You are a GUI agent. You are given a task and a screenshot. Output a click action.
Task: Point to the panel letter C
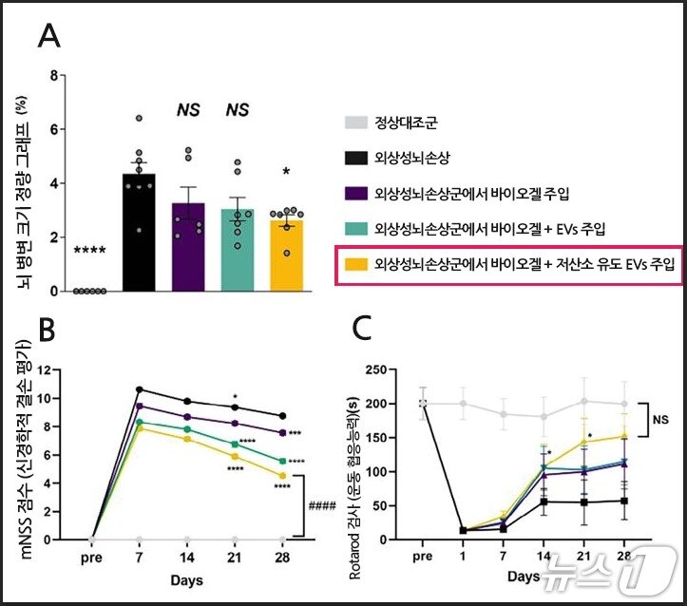point(363,331)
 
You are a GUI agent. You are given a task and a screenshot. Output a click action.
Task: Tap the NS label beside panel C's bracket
point(659,416)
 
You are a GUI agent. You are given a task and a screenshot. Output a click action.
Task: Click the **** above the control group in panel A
point(90,252)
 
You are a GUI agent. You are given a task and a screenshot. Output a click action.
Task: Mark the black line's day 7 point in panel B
point(141,389)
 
